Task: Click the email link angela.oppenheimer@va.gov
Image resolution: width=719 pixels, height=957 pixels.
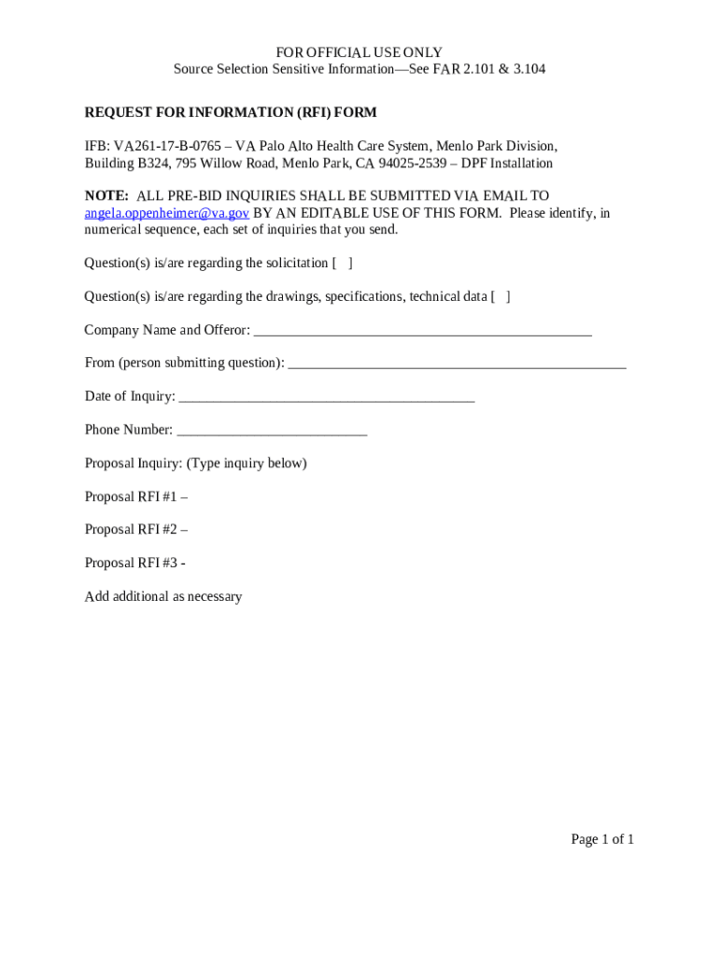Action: tap(167, 213)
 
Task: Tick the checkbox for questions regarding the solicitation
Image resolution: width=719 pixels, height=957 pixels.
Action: tap(343, 264)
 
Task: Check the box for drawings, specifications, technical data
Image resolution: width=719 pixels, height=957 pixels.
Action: tap(500, 297)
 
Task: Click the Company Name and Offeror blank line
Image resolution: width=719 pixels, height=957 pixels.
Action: tap(422, 332)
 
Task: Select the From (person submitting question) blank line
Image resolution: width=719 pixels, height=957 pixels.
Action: tap(457, 364)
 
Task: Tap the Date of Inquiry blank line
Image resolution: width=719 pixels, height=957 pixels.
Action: tap(326, 398)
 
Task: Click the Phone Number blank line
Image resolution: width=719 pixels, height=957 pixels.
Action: tap(272, 432)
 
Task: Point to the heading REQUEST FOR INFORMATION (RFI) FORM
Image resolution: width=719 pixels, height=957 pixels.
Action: tap(231, 113)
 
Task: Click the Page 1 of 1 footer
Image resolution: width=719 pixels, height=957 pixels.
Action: tap(602, 839)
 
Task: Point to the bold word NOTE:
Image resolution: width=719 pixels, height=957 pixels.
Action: tap(106, 196)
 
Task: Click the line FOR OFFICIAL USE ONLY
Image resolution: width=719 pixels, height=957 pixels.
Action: tap(359, 52)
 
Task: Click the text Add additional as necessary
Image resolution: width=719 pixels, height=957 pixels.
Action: tap(163, 597)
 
